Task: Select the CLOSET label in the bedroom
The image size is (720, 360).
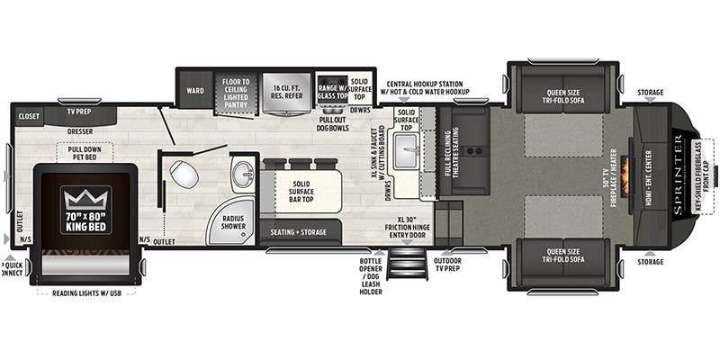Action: (x=29, y=116)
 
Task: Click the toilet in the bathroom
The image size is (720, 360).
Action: (x=185, y=173)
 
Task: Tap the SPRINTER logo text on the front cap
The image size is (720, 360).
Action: (x=678, y=172)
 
